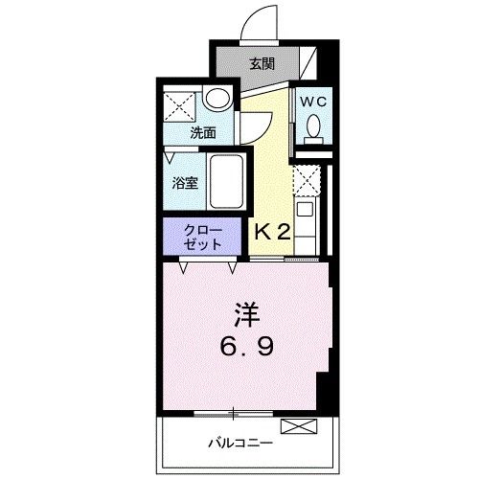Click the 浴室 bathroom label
tap(186, 182)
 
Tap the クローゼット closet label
tap(204, 237)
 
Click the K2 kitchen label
tap(271, 231)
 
